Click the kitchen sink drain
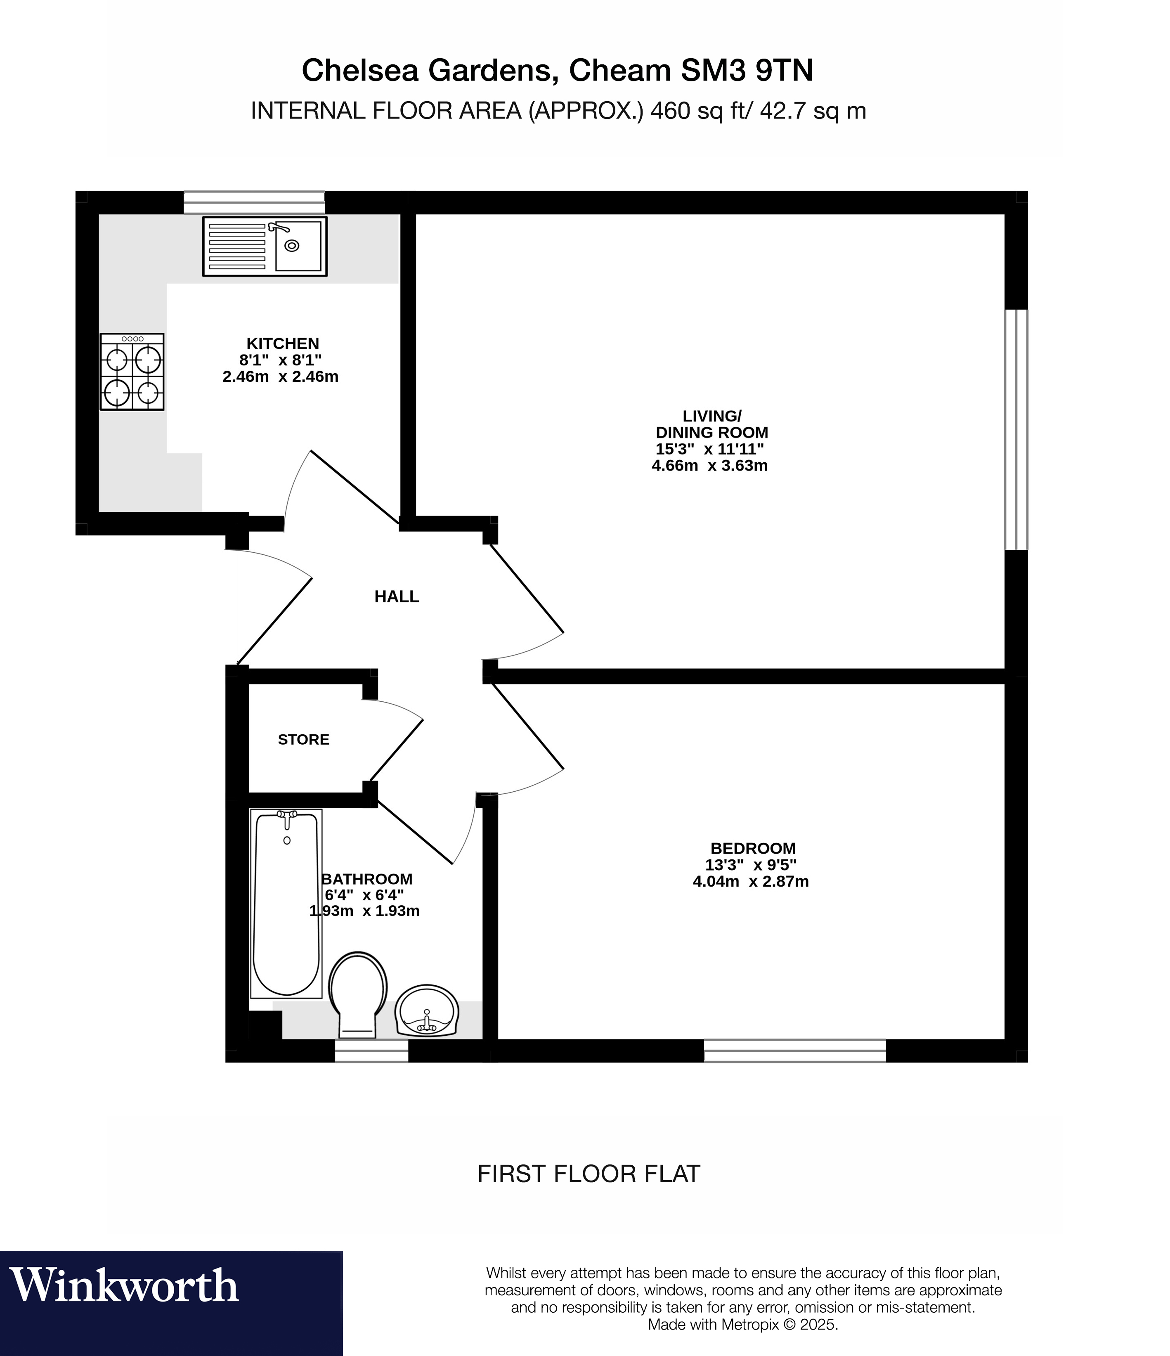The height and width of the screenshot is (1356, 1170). tap(292, 246)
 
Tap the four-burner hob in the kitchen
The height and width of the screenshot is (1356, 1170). tap(132, 372)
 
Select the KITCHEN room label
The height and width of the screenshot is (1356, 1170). tap(283, 343)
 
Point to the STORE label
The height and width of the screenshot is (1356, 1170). tap(304, 740)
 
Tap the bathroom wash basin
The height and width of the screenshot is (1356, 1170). tap(427, 1010)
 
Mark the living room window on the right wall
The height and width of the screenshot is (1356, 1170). tap(1016, 429)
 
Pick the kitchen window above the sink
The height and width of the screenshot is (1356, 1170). tap(254, 202)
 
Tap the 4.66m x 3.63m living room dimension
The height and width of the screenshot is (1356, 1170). tap(709, 466)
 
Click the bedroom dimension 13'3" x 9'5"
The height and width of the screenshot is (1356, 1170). tap(751, 864)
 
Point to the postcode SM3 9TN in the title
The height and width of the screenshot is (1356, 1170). tap(747, 71)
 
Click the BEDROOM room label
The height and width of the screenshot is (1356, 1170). tap(753, 848)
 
